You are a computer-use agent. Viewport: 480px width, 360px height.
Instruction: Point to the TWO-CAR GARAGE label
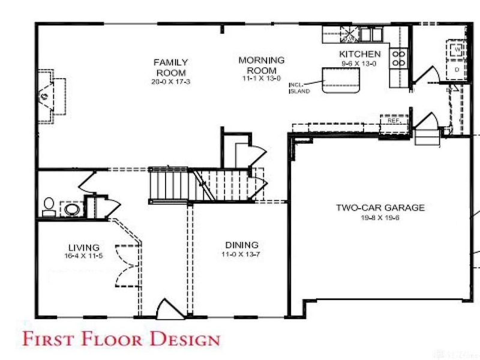click(380, 208)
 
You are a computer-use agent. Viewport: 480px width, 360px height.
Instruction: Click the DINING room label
click(242, 245)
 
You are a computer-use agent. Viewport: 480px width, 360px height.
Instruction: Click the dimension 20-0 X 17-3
click(170, 81)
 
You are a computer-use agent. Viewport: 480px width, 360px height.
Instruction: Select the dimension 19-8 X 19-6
click(380, 217)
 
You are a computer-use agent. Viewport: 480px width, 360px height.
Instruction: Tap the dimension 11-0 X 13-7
click(241, 254)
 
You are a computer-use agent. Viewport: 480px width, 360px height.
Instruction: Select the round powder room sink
click(73, 209)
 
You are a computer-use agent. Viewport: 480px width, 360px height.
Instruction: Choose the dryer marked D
click(457, 70)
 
